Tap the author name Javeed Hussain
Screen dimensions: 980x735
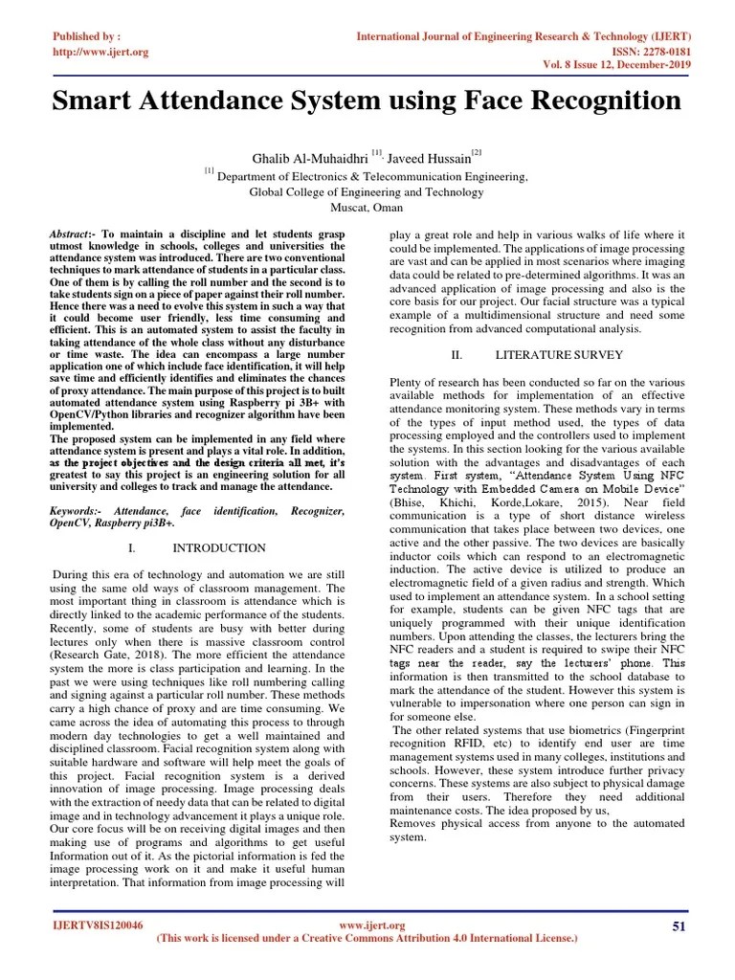(x=431, y=156)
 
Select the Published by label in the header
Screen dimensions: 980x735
(x=86, y=36)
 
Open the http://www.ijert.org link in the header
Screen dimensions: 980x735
(x=100, y=52)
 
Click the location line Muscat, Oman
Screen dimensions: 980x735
(x=367, y=207)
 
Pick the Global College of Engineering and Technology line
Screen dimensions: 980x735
(x=367, y=191)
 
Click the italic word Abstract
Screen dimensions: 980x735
(x=72, y=234)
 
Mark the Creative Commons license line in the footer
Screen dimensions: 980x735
(x=367, y=940)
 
